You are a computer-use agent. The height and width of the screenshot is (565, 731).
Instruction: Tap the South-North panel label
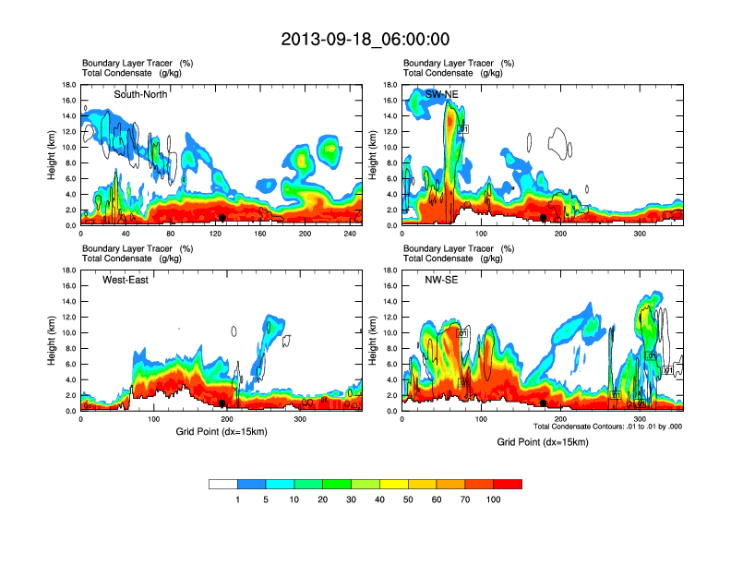click(x=140, y=95)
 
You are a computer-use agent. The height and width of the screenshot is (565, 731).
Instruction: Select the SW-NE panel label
click(x=441, y=95)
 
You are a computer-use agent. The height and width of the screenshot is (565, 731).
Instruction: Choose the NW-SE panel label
click(x=441, y=281)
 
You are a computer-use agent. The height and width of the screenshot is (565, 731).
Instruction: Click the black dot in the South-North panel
click(x=222, y=218)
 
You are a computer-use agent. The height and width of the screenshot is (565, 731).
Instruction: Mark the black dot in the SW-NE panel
click(x=544, y=218)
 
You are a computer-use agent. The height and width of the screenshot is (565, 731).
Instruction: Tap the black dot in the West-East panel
click(x=222, y=403)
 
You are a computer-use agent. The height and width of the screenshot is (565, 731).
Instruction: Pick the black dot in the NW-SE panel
click(x=544, y=403)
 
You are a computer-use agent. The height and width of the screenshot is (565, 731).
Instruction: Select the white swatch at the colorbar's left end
click(x=223, y=484)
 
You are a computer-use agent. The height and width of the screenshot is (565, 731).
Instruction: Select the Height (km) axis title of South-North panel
click(x=54, y=155)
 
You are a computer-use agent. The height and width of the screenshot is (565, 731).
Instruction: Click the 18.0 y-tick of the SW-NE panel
click(x=391, y=85)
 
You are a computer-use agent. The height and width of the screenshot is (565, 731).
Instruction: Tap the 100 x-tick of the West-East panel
click(x=155, y=419)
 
